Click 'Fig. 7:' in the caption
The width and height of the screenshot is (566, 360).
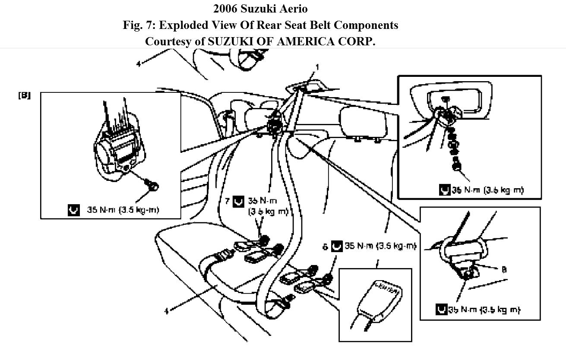click(139, 25)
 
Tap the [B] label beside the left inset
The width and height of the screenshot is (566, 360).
click(24, 95)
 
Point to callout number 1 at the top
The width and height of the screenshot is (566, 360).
click(317, 67)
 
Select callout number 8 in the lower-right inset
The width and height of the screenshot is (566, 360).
click(503, 269)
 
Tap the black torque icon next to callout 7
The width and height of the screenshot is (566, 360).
click(238, 202)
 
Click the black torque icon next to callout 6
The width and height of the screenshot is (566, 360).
click(337, 246)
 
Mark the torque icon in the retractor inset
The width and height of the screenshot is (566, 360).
click(74, 210)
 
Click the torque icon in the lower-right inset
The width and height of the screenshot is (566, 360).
click(441, 309)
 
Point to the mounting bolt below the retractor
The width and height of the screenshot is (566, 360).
click(153, 186)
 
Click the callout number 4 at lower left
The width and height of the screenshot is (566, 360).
click(167, 310)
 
